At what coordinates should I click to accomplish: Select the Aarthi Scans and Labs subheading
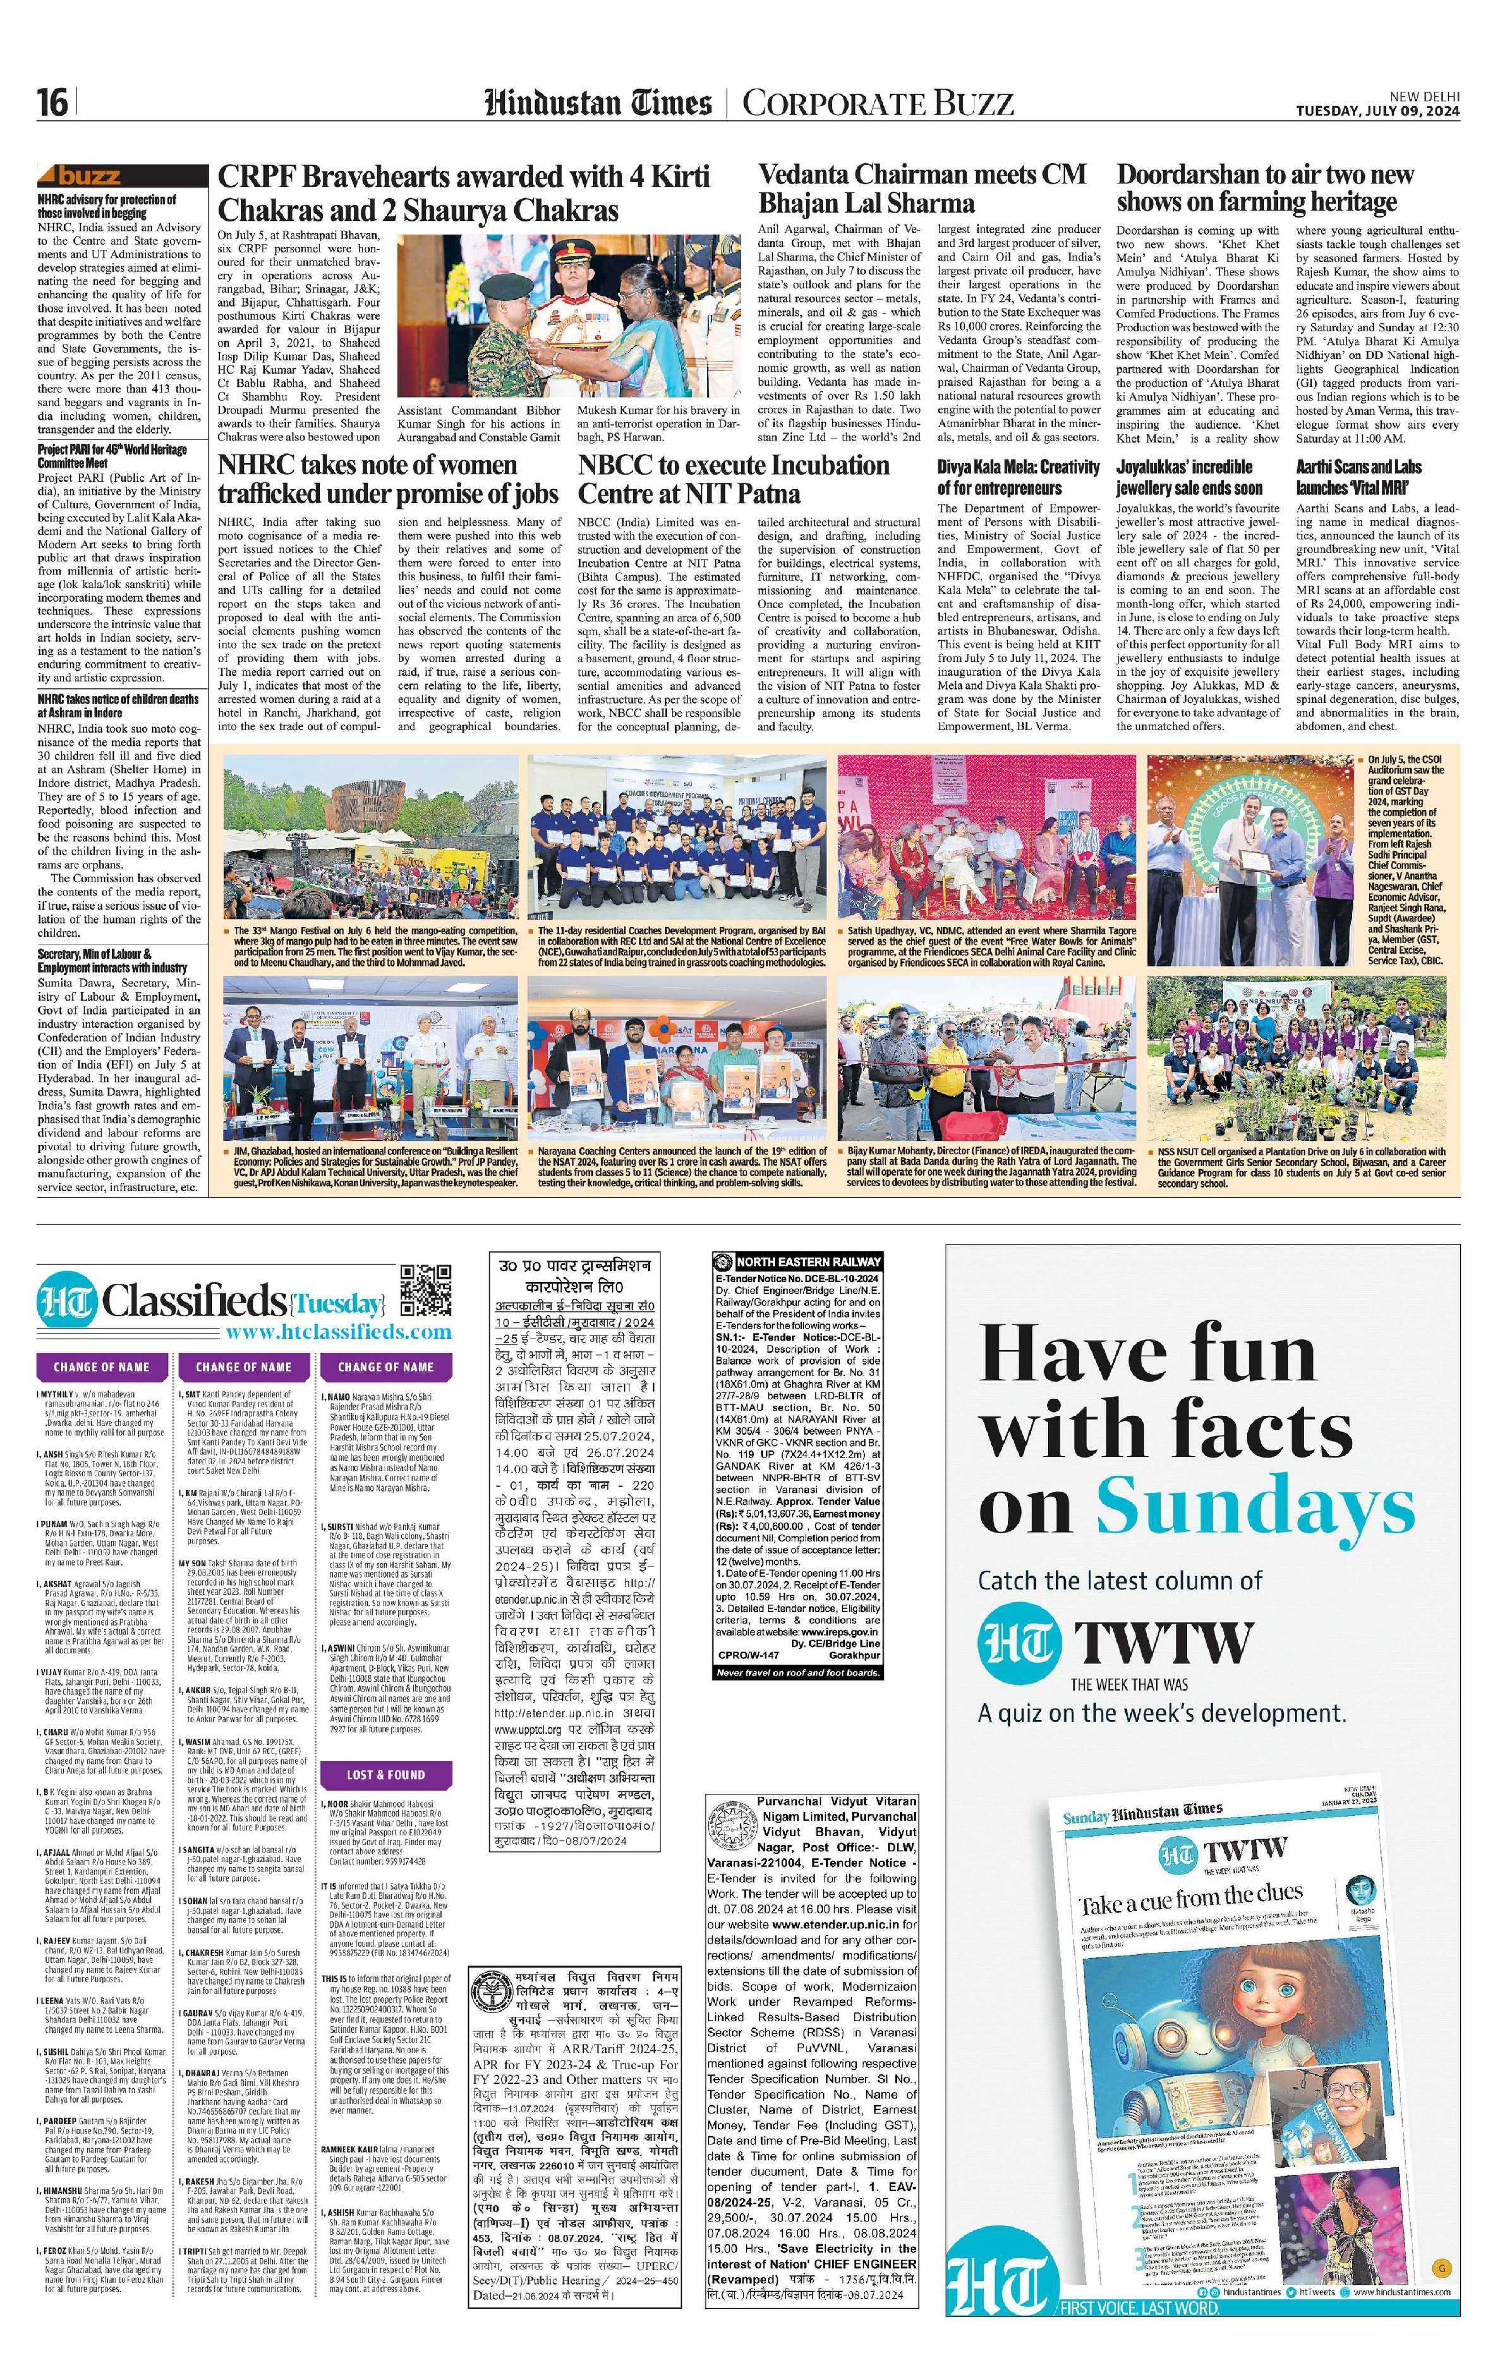[x=1358, y=477]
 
